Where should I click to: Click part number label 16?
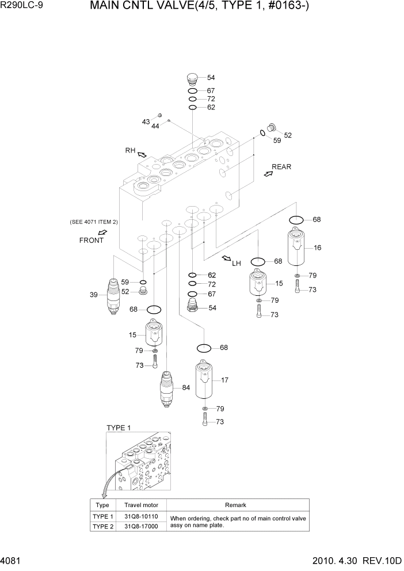point(317,248)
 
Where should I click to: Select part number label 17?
point(225,380)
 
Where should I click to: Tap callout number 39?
point(94,295)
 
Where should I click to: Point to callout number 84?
point(186,387)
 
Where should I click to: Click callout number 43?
point(146,121)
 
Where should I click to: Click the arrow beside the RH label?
point(142,154)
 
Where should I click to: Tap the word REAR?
point(281,167)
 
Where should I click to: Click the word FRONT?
point(92,240)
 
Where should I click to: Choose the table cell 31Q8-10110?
point(142,516)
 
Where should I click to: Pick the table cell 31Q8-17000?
point(142,526)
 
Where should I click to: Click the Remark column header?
point(235,505)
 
